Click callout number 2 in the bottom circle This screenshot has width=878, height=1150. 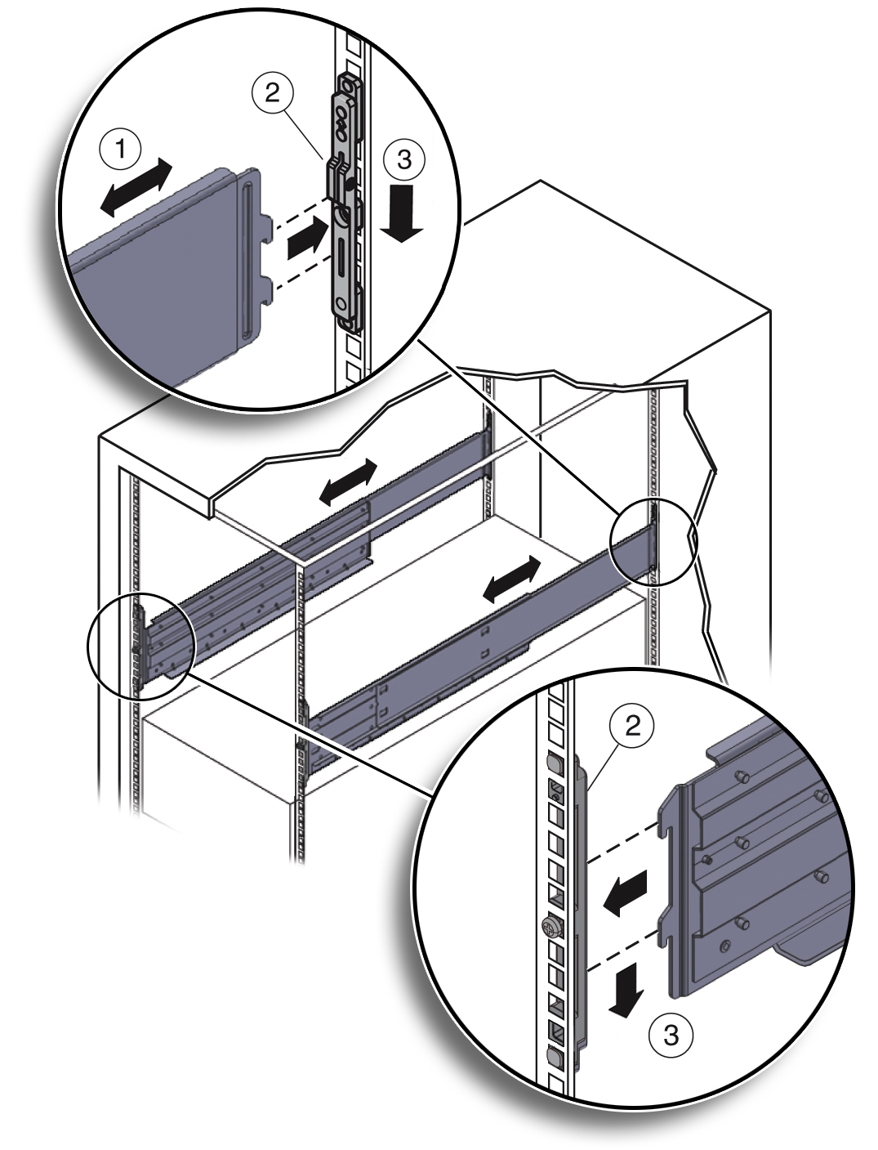[x=633, y=726]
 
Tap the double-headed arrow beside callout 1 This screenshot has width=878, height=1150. [x=137, y=188]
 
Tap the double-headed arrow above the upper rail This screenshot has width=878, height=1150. [x=348, y=481]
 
